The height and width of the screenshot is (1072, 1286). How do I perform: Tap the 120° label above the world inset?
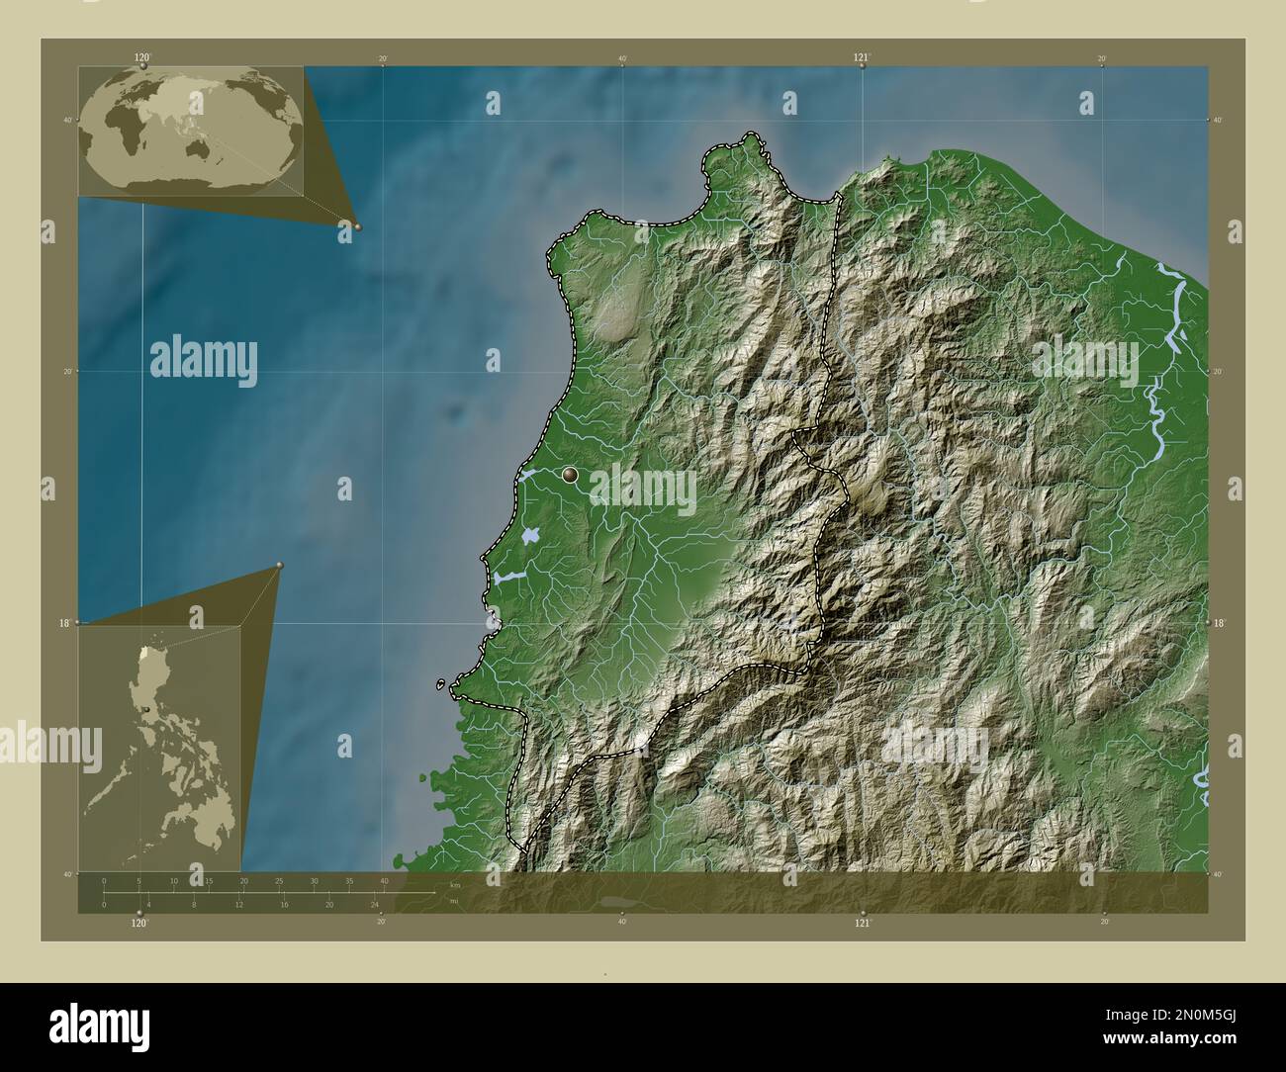point(142,57)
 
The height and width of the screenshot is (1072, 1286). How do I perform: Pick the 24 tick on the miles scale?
point(375,904)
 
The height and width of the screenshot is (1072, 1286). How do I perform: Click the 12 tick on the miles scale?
point(239,904)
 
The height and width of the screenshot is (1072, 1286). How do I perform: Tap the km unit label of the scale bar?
point(455,884)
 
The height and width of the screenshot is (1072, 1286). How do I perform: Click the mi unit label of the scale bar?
point(453,901)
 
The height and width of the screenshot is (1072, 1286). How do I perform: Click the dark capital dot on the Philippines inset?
point(146,708)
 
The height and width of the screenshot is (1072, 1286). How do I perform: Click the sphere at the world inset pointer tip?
point(357,226)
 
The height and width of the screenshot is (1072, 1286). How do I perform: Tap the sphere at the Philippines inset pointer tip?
point(280,566)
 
